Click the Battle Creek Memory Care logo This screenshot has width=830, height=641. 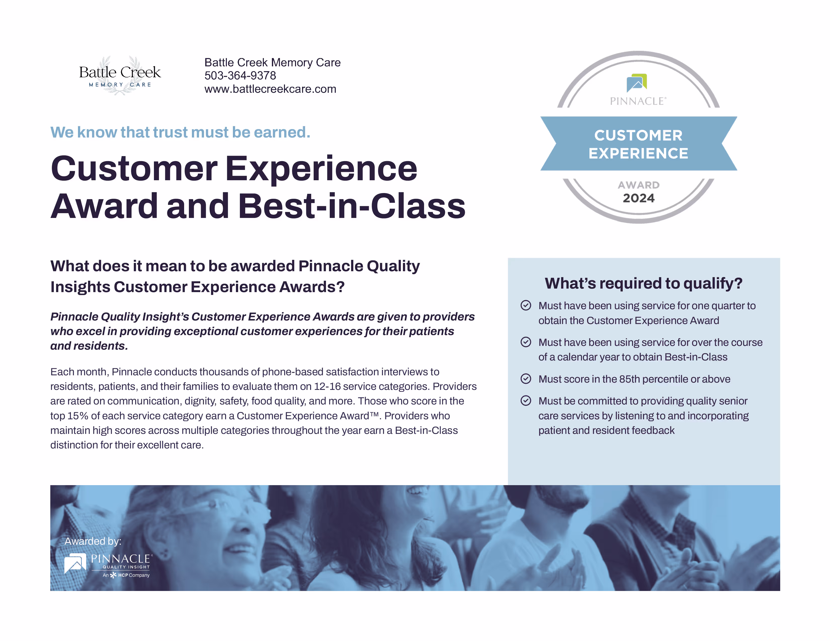click(x=120, y=75)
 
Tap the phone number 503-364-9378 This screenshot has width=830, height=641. click(x=240, y=76)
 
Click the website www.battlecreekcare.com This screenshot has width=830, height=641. click(x=270, y=89)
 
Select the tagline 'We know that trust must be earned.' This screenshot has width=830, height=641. click(x=181, y=132)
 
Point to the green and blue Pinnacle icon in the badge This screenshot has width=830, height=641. click(x=637, y=82)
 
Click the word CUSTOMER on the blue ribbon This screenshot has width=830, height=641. click(x=638, y=135)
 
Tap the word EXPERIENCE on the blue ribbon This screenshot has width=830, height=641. click(x=638, y=153)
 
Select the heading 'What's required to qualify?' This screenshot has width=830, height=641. click(x=643, y=283)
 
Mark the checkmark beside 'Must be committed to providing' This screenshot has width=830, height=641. click(x=526, y=401)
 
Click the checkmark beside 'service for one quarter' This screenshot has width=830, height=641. click(x=526, y=305)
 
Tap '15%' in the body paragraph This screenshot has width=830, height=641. click(x=77, y=416)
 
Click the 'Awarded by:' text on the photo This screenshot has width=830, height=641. click(x=93, y=541)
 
